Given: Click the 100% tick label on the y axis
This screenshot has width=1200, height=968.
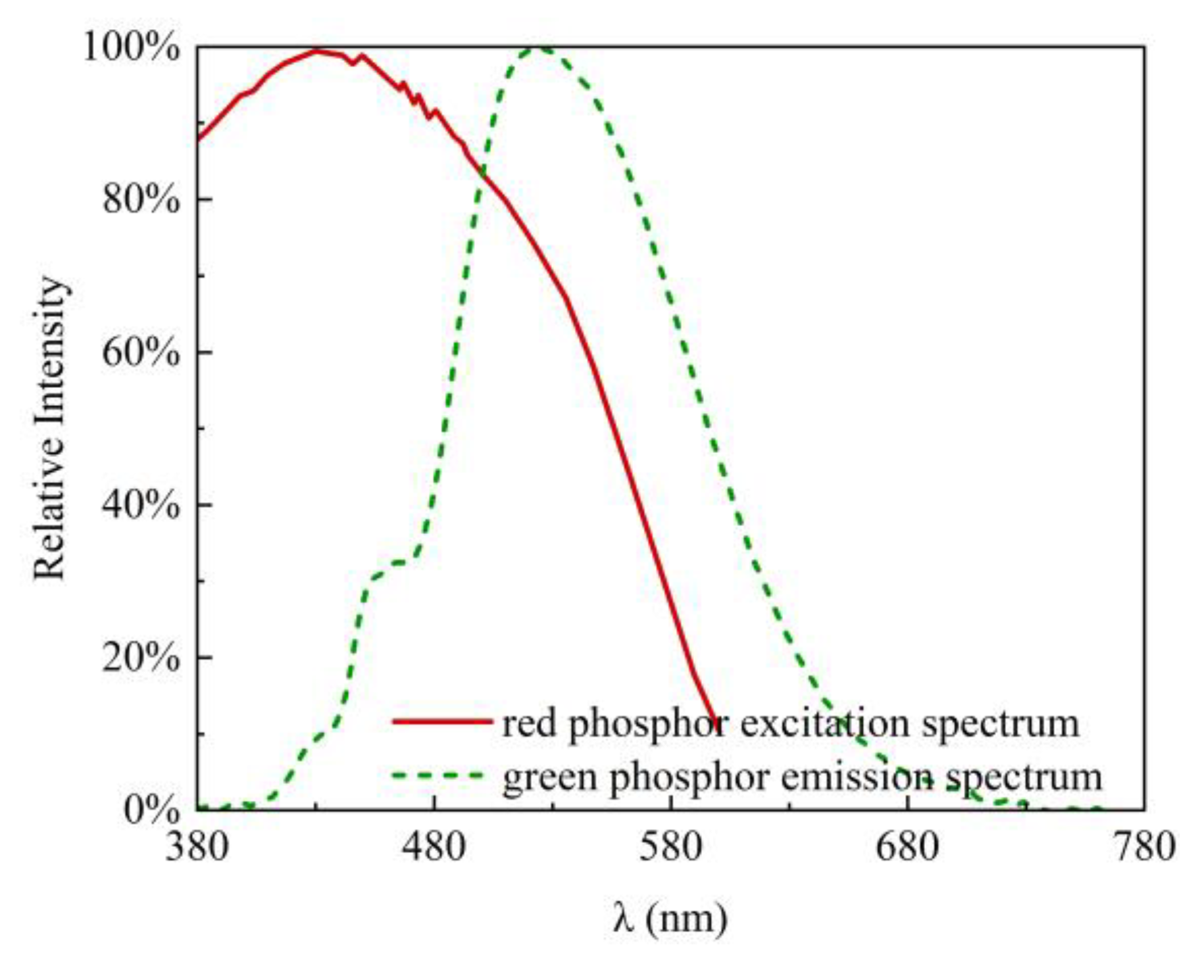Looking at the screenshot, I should coord(131,49).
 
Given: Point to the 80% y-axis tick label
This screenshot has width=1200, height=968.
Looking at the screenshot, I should coord(141,200).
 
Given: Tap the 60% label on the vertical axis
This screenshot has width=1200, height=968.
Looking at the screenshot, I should coord(141,353).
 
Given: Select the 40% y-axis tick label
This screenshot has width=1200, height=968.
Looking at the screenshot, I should coord(141,505).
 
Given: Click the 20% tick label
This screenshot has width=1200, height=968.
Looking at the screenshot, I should coord(141,658).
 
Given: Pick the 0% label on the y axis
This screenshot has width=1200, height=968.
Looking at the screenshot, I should coord(151,810).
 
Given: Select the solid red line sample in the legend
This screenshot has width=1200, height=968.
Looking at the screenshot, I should coord(442,722).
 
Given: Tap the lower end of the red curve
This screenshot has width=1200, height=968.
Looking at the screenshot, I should coord(715,725).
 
